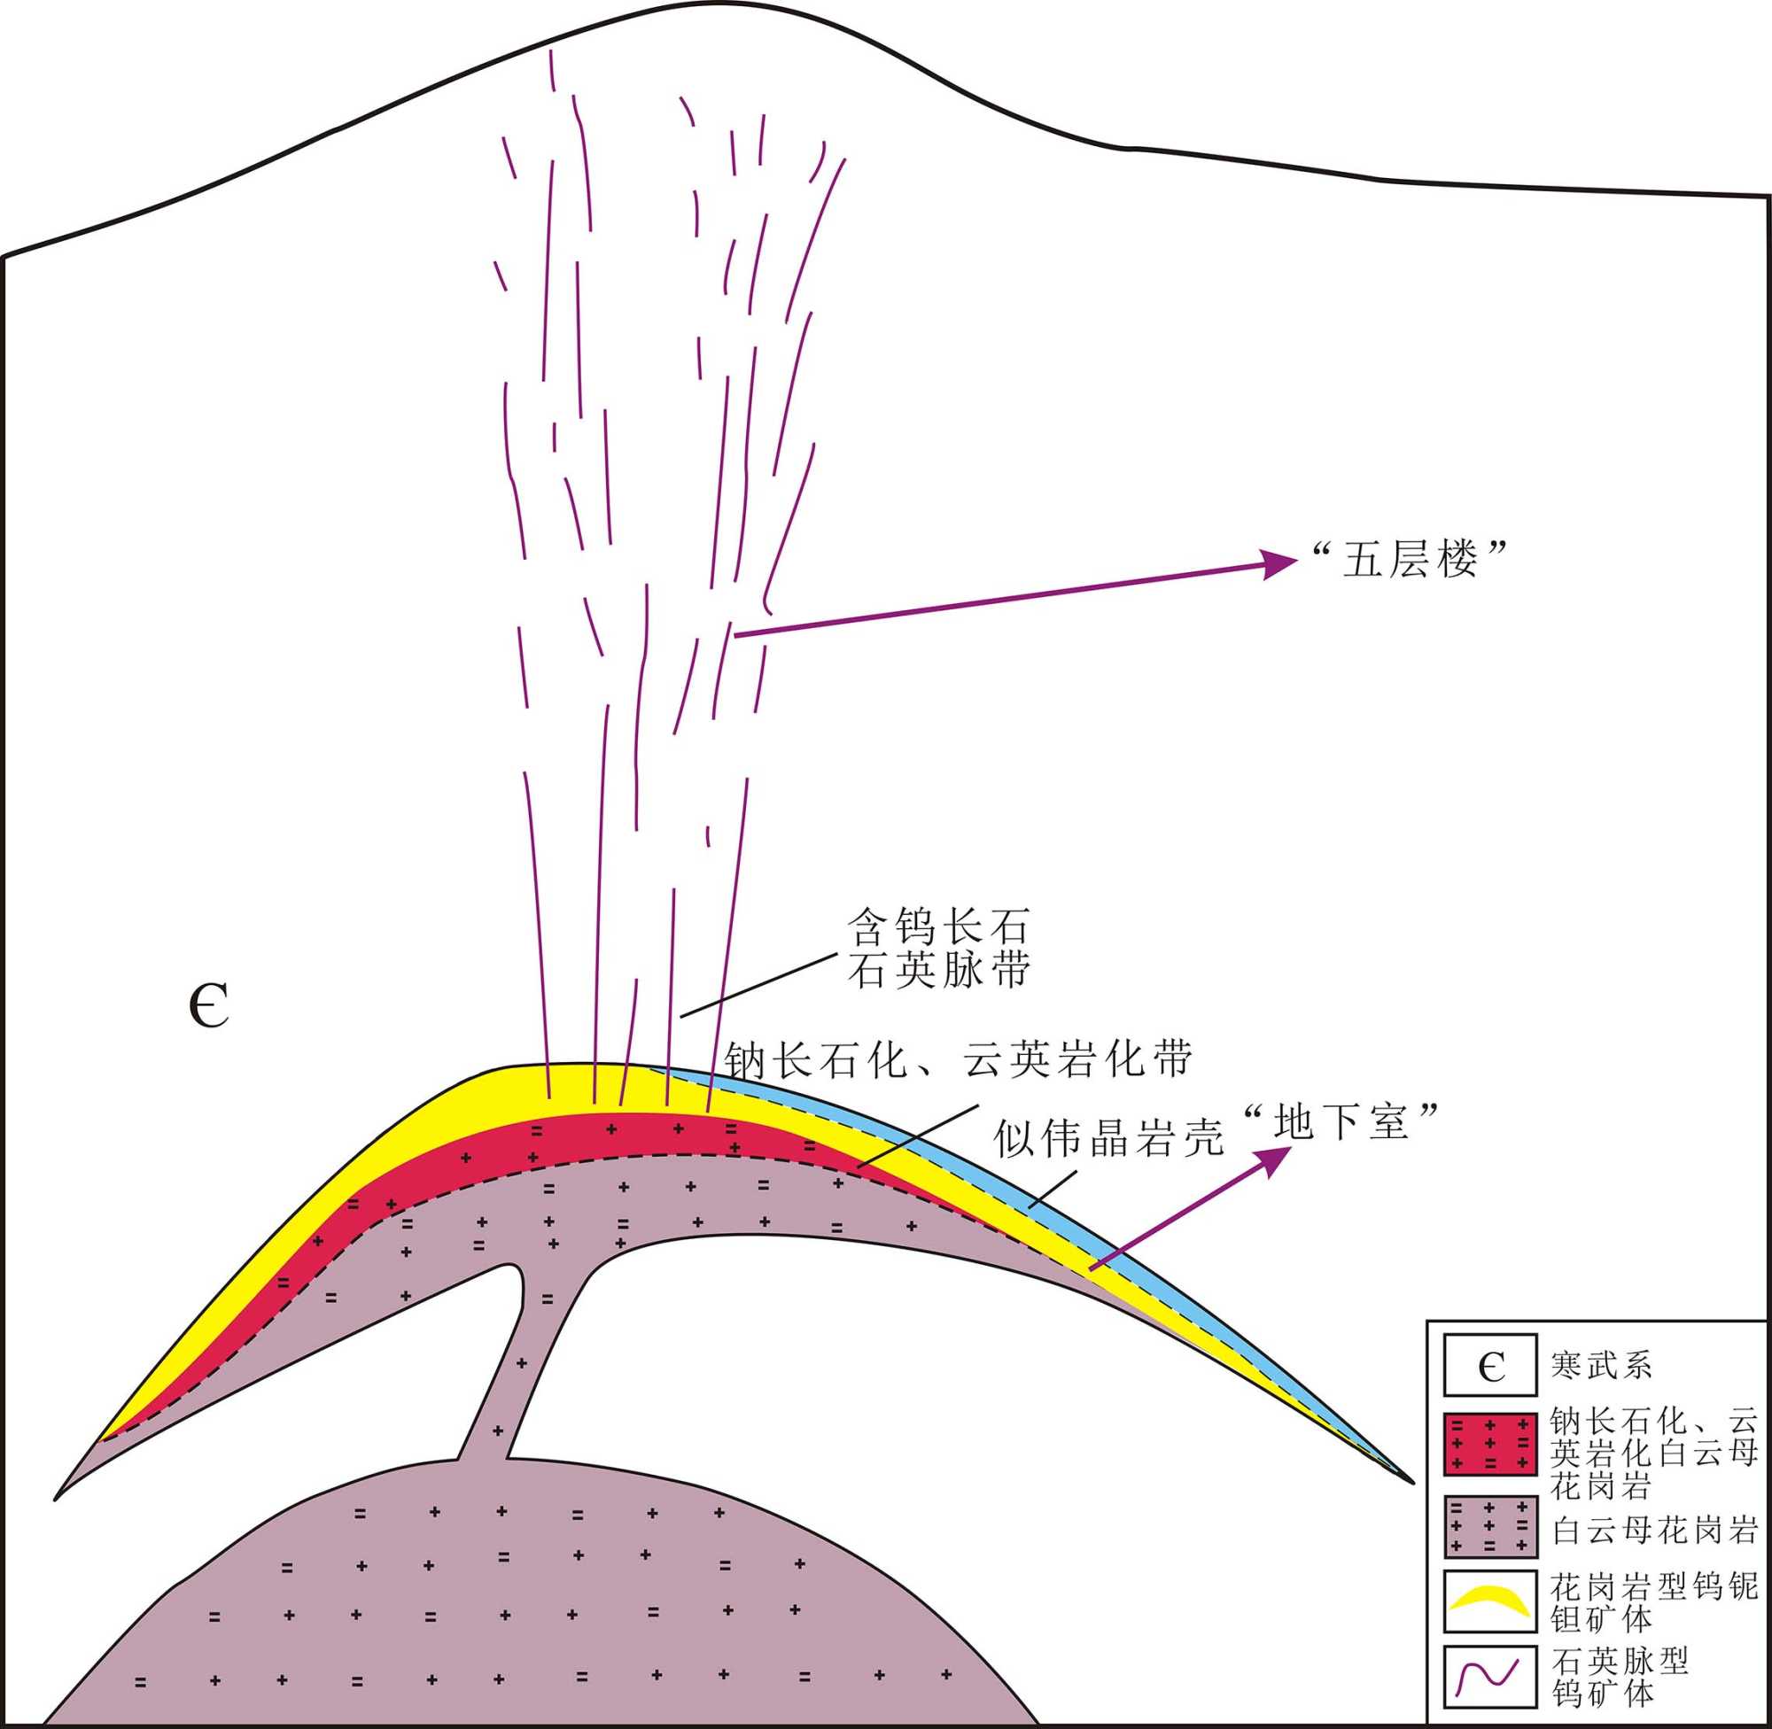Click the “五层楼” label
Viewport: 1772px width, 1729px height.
click(1411, 560)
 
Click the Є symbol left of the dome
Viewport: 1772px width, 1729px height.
click(210, 1006)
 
